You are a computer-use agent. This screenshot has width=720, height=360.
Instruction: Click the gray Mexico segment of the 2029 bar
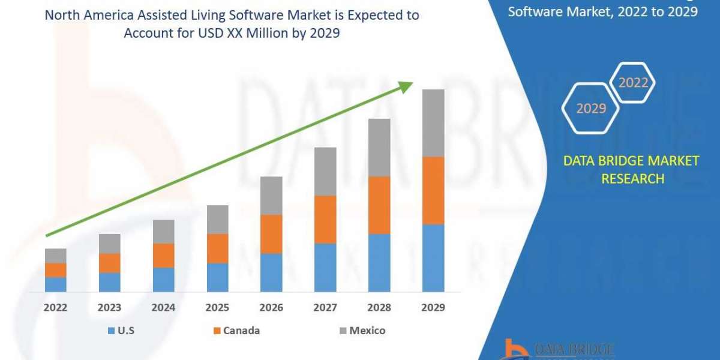(433, 123)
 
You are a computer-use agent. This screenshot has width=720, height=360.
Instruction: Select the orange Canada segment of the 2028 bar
(379, 205)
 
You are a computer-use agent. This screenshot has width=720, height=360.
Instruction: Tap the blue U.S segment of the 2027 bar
(325, 268)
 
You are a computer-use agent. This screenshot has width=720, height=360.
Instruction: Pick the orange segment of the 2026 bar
(271, 234)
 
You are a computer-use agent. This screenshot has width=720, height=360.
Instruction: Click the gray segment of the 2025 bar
(217, 220)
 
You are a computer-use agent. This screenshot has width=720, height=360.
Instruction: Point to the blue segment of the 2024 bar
(163, 280)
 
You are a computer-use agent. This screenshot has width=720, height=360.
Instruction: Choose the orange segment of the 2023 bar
(109, 263)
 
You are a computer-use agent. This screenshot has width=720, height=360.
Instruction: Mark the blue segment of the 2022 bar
(55, 284)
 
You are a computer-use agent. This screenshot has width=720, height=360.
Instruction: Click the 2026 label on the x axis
(271, 308)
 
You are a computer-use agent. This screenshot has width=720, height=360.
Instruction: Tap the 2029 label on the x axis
(433, 308)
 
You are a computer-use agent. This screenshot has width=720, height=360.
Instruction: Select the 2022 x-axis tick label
(55, 308)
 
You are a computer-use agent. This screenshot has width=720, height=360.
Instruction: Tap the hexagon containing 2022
(633, 83)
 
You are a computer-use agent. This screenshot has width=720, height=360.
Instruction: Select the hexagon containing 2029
(590, 109)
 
